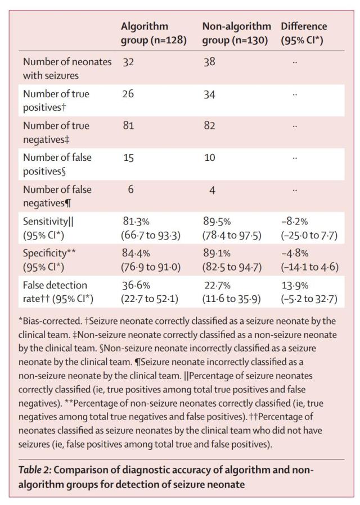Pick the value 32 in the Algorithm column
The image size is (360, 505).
[129, 62]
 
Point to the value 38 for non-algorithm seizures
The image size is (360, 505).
[209, 62]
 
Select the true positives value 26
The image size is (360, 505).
[129, 94]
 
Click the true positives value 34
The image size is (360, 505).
[210, 94]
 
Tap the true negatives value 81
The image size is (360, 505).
[128, 126]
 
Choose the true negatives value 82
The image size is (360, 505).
[210, 126]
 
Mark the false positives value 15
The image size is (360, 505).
[128, 158]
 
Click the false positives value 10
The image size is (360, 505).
[210, 158]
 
